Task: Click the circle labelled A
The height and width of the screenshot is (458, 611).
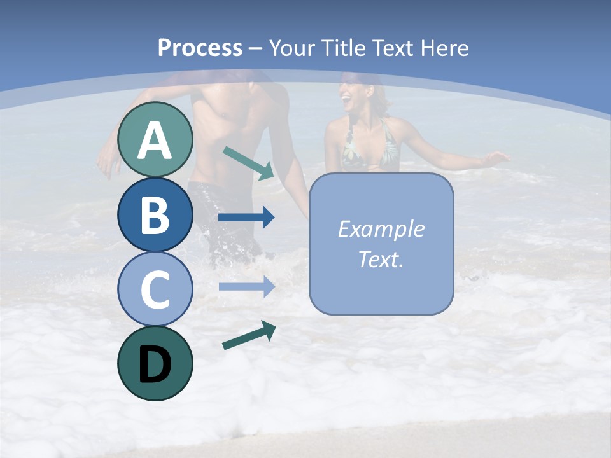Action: [x=155, y=140]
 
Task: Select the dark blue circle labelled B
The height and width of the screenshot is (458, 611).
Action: [x=155, y=214]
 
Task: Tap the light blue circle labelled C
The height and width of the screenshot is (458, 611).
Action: [x=155, y=289]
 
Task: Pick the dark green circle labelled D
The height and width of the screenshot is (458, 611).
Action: [x=155, y=363]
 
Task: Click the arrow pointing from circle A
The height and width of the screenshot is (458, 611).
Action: [x=248, y=163]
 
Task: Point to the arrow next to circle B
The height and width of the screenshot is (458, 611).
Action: [x=246, y=218]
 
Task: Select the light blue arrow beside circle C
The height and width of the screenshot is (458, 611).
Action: [x=246, y=286]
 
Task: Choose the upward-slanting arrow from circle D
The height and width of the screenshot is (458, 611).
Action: [x=249, y=335]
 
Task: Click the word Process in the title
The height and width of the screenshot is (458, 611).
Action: [x=200, y=48]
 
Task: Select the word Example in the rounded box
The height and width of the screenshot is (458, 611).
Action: [x=381, y=229]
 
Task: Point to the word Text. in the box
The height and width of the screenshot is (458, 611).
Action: [x=381, y=260]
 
